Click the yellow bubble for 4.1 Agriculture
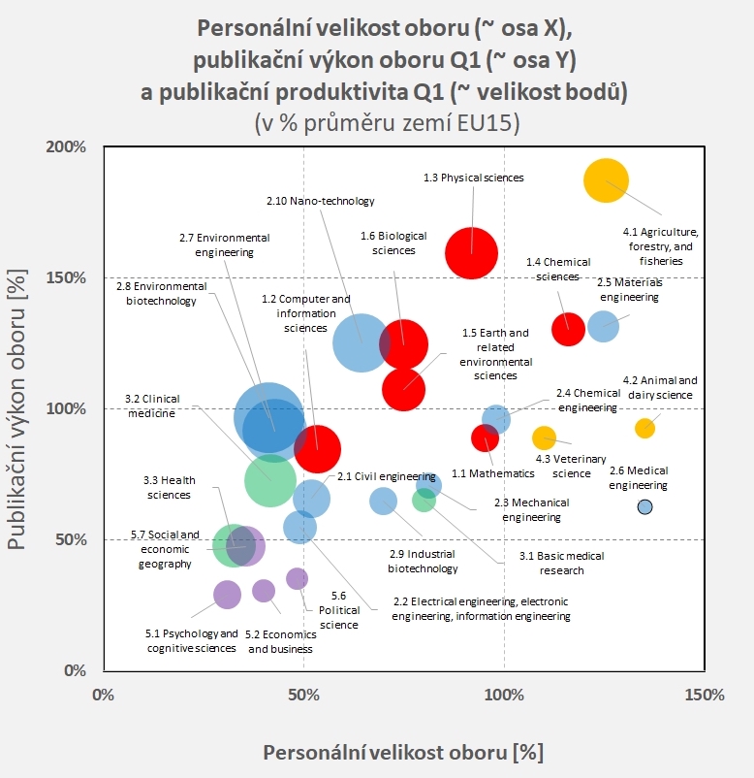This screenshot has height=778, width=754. pyautogui.click(x=606, y=180)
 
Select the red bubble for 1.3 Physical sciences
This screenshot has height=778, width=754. pyautogui.click(x=471, y=253)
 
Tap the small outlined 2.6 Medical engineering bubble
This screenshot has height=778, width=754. pyautogui.click(x=645, y=506)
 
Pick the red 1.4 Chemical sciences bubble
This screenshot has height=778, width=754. pyautogui.click(x=568, y=329)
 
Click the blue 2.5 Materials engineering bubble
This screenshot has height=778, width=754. pyautogui.click(x=603, y=326)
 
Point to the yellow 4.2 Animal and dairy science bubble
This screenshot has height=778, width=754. pyautogui.click(x=644, y=428)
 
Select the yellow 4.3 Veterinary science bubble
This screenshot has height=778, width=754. pyautogui.click(x=544, y=438)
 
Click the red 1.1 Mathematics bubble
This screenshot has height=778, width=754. pyautogui.click(x=485, y=438)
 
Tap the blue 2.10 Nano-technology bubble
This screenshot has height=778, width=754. pyautogui.click(x=361, y=342)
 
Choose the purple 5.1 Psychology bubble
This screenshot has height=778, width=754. pyautogui.click(x=227, y=595)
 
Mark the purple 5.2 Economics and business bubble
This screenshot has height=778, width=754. pyautogui.click(x=264, y=591)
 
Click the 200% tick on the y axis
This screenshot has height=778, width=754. pyautogui.click(x=68, y=146)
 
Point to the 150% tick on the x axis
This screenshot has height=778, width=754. pyautogui.click(x=704, y=696)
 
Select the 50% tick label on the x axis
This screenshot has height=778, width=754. pyautogui.click(x=303, y=696)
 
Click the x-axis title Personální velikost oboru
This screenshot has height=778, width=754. pyautogui.click(x=403, y=753)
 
